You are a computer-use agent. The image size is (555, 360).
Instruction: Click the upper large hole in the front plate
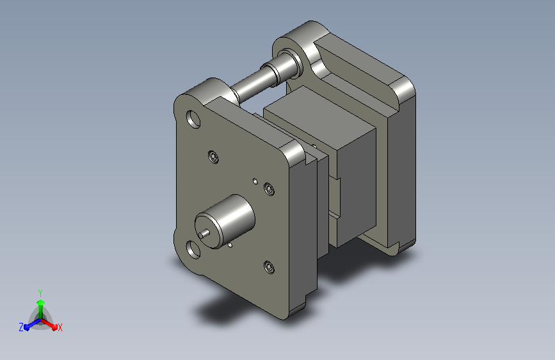tap(193, 119)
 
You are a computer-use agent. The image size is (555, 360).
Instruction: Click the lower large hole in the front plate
tap(193, 249)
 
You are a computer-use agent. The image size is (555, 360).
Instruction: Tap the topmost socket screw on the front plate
tap(213, 157)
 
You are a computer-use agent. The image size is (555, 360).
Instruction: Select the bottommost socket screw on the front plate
tap(269, 267)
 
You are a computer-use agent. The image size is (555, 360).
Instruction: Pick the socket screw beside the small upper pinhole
tap(269, 189)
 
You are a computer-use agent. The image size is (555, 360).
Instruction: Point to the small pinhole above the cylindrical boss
tap(255, 181)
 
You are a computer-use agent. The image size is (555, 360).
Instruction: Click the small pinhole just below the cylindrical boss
tap(230, 245)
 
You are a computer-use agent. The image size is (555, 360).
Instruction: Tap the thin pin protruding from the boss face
tap(204, 234)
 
